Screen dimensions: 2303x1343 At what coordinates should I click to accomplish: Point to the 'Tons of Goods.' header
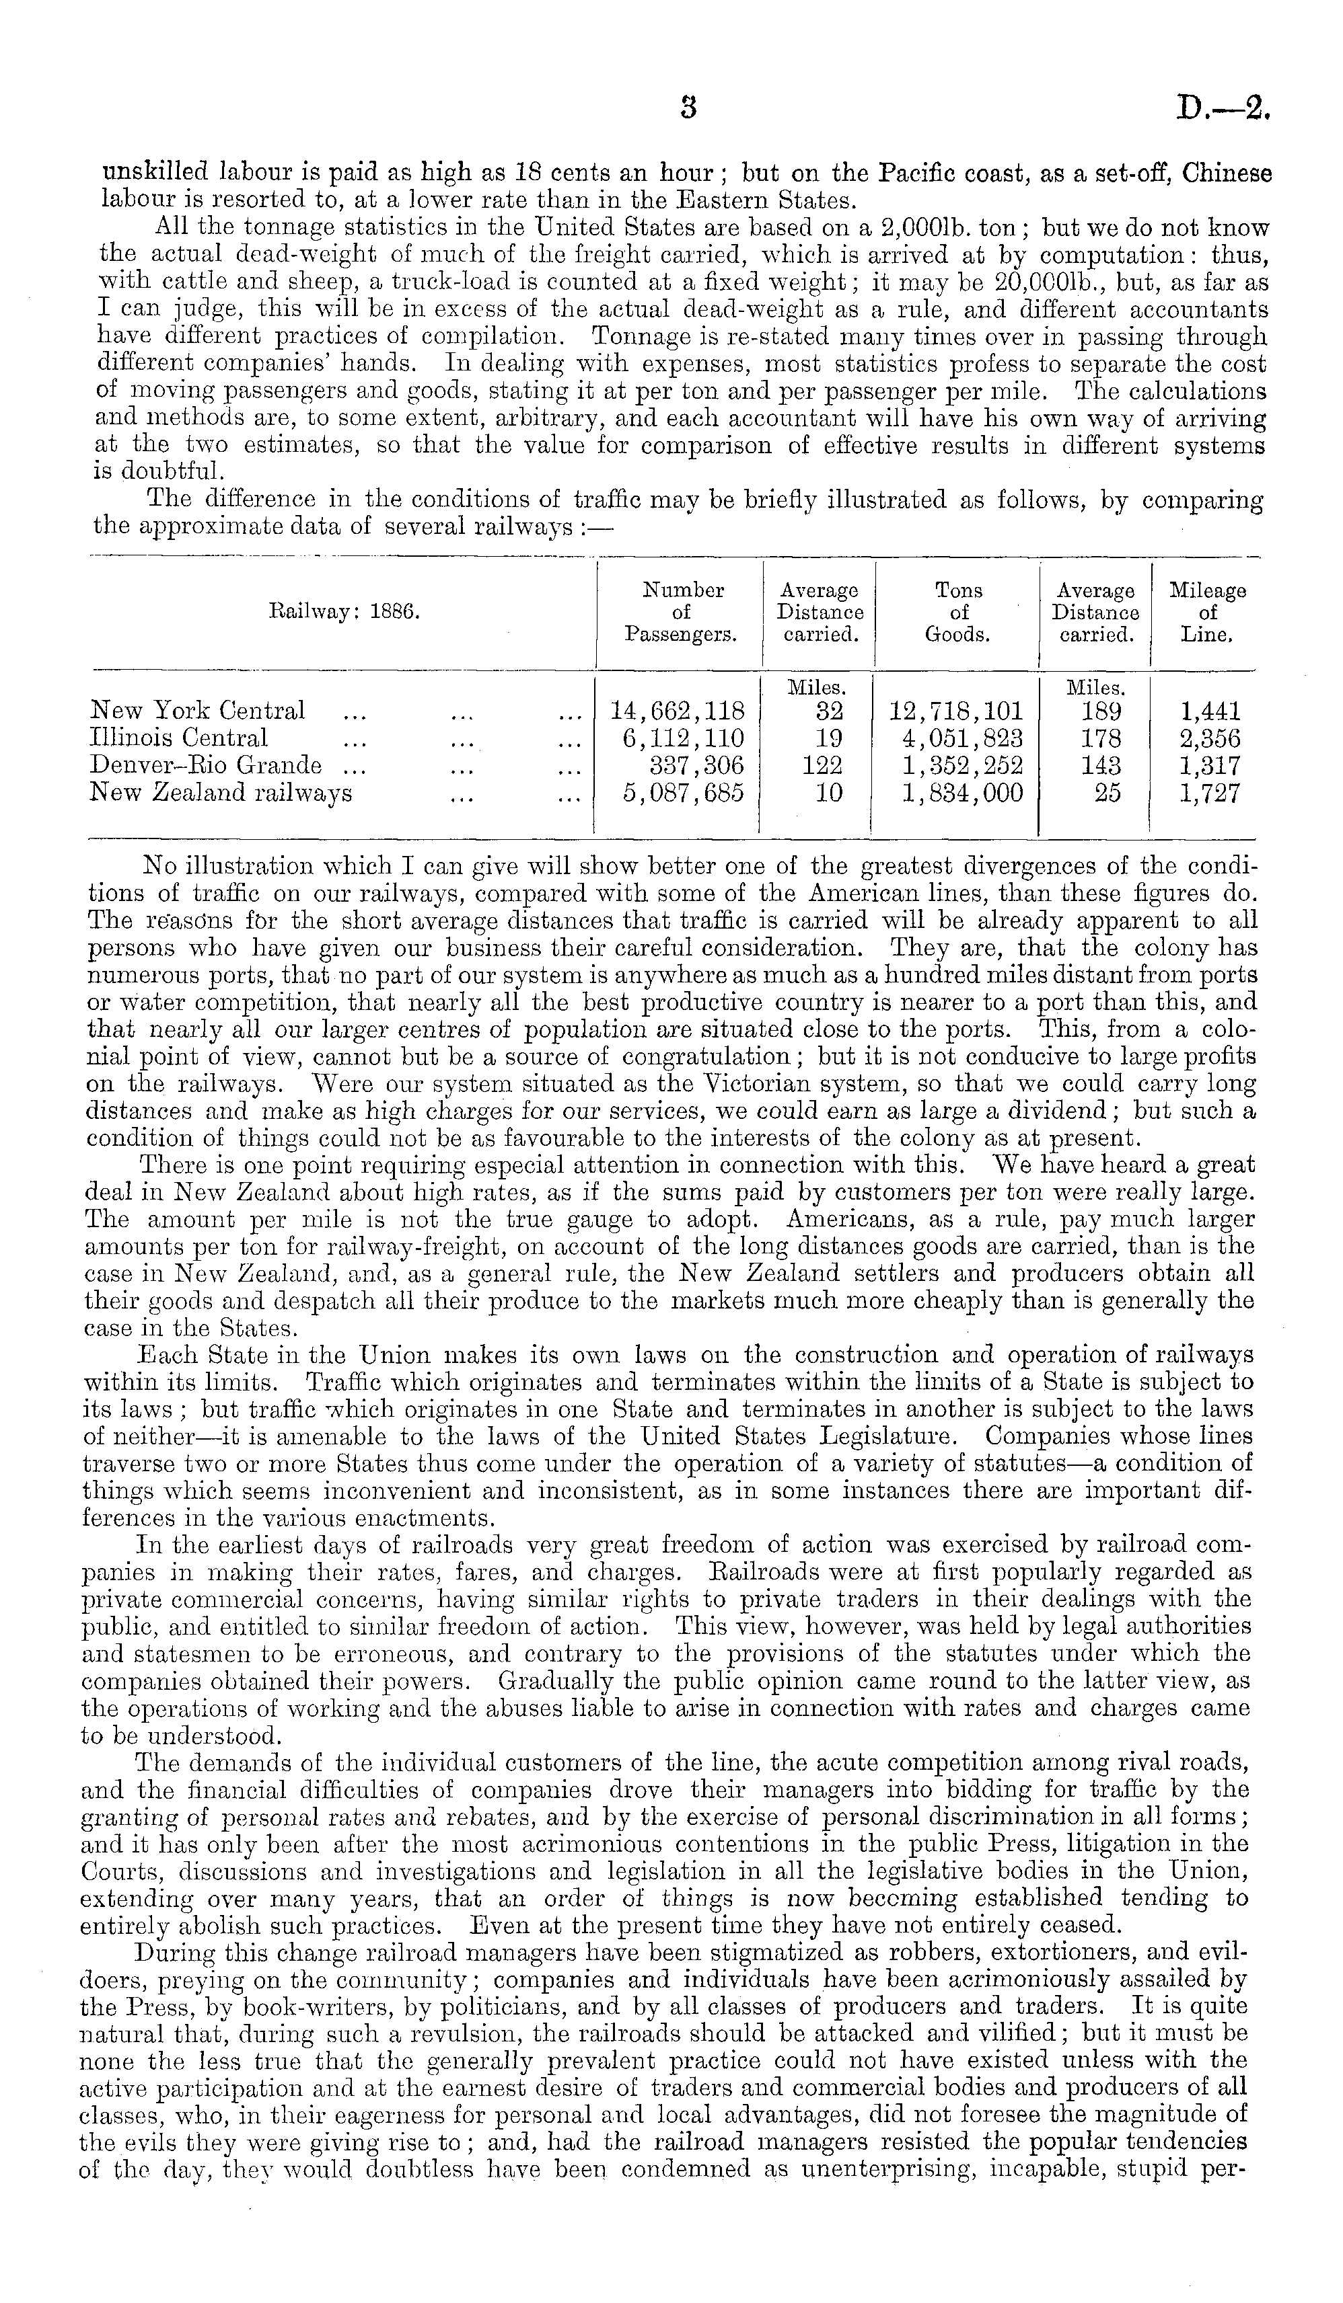[x=958, y=613]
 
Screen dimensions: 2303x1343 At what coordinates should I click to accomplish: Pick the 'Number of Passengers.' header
[x=682, y=613]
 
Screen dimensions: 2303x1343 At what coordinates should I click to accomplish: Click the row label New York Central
[x=197, y=710]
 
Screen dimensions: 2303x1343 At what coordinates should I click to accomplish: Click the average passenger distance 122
[x=822, y=766]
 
